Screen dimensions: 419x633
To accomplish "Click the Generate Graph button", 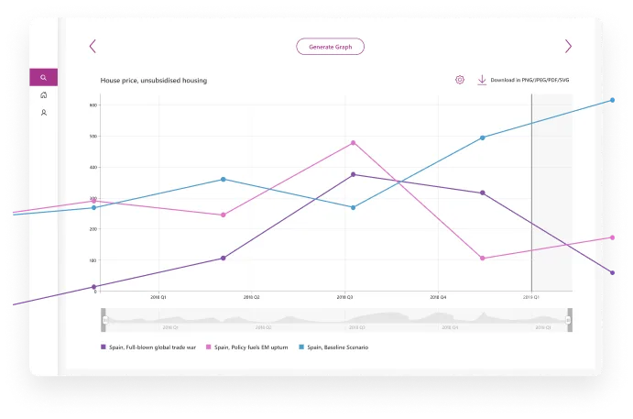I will click(330, 47).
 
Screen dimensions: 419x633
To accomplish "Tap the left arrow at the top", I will click(93, 47).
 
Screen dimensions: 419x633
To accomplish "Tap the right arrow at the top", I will click(568, 47).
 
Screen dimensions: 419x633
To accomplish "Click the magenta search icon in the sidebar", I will click(43, 78).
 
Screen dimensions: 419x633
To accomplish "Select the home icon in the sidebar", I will click(43, 95).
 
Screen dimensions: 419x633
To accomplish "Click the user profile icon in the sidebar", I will click(43, 113).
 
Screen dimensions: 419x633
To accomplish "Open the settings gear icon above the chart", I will click(460, 80).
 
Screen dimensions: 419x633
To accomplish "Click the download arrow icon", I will click(482, 80).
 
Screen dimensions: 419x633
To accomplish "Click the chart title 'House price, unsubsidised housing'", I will click(153, 81).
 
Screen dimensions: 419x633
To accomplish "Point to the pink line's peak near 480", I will click(353, 143).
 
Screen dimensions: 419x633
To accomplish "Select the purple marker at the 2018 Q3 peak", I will click(353, 174).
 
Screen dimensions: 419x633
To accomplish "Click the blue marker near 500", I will click(483, 138).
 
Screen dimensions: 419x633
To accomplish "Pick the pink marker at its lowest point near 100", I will click(483, 259).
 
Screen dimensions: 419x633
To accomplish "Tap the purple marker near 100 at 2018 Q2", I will click(223, 259).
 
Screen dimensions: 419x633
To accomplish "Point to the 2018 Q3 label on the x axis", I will click(344, 297).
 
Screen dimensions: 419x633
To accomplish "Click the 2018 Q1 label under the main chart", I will click(158, 297).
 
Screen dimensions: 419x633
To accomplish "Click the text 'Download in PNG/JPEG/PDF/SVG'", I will click(529, 80).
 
